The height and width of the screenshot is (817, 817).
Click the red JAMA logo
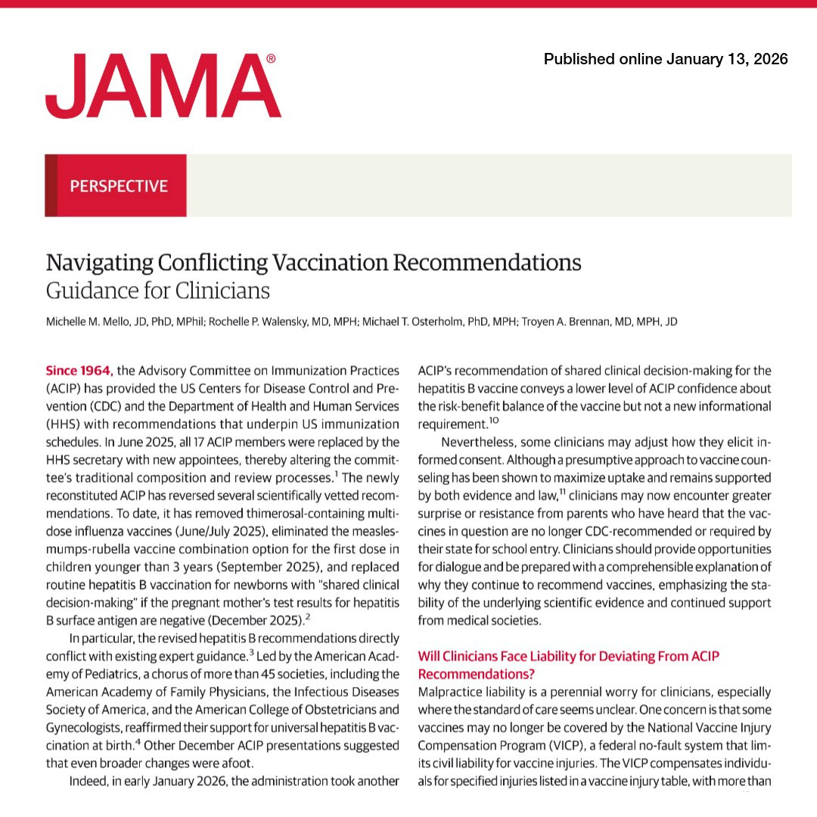[x=163, y=86]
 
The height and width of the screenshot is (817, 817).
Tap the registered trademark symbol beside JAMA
[x=271, y=58]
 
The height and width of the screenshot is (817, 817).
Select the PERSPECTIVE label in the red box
[x=118, y=185]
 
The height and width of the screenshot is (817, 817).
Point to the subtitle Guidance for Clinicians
[x=157, y=290]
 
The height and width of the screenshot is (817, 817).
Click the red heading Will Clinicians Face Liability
[x=568, y=657]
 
